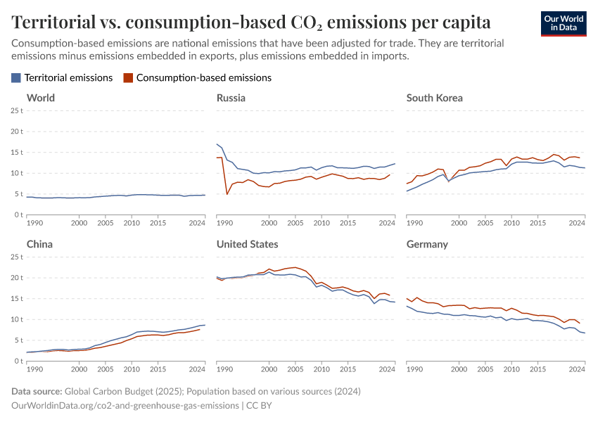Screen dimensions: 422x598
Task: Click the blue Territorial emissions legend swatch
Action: (x=16, y=78)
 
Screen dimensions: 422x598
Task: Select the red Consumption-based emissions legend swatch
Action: (x=127, y=78)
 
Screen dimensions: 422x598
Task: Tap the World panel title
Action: (x=40, y=98)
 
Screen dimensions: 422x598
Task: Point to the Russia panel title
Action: (x=231, y=98)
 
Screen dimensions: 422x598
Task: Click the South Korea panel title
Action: (x=434, y=98)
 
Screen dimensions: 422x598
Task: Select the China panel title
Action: (x=39, y=244)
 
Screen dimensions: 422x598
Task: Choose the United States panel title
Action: (x=247, y=244)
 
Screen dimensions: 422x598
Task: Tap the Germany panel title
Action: (x=427, y=244)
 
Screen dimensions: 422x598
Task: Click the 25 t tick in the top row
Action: (x=16, y=110)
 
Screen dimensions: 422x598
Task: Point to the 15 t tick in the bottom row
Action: (x=16, y=298)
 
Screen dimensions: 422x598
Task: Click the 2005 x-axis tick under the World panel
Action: (x=106, y=223)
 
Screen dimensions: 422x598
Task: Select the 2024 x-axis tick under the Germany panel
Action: (x=577, y=369)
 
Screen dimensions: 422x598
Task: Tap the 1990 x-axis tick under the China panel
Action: (x=33, y=369)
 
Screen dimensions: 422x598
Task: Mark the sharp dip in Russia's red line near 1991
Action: (x=227, y=194)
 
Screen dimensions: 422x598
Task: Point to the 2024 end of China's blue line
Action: (x=205, y=325)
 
